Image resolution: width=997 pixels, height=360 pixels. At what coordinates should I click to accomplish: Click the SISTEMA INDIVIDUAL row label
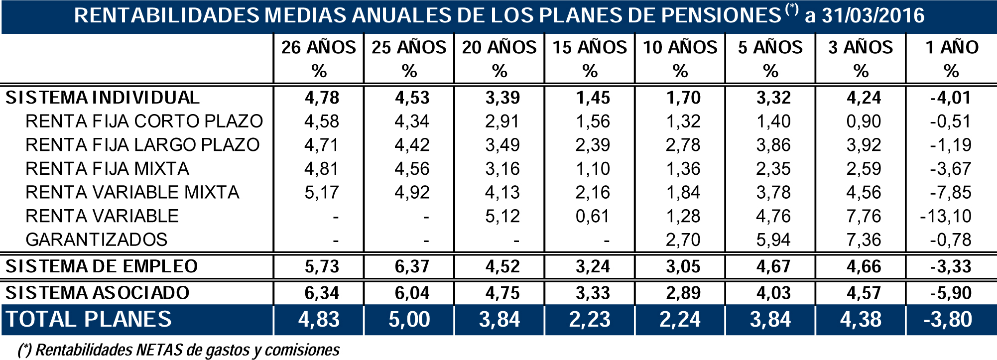point(103,98)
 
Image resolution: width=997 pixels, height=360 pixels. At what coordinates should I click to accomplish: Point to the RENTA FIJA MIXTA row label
point(107,169)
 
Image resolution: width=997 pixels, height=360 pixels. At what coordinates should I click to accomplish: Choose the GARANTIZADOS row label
point(97,240)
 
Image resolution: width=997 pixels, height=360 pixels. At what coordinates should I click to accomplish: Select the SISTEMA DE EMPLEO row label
point(102,266)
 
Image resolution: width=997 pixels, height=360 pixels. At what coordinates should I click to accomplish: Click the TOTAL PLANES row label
point(89,319)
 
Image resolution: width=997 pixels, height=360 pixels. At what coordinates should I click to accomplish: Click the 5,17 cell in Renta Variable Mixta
point(322,193)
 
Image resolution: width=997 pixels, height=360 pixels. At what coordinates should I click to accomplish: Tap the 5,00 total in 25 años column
point(409,319)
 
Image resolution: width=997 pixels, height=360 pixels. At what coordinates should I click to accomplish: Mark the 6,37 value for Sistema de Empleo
point(412,266)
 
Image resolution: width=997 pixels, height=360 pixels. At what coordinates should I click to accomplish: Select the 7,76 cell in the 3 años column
point(864,216)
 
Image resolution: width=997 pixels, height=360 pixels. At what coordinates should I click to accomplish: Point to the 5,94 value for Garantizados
point(773,240)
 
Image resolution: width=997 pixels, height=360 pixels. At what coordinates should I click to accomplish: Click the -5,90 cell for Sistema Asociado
point(951,293)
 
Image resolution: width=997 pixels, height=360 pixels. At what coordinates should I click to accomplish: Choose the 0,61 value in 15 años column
point(593,216)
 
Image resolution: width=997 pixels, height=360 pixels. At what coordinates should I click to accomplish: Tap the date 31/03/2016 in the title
point(872,16)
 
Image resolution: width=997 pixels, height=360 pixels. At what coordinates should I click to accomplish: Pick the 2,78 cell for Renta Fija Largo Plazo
point(683,145)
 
